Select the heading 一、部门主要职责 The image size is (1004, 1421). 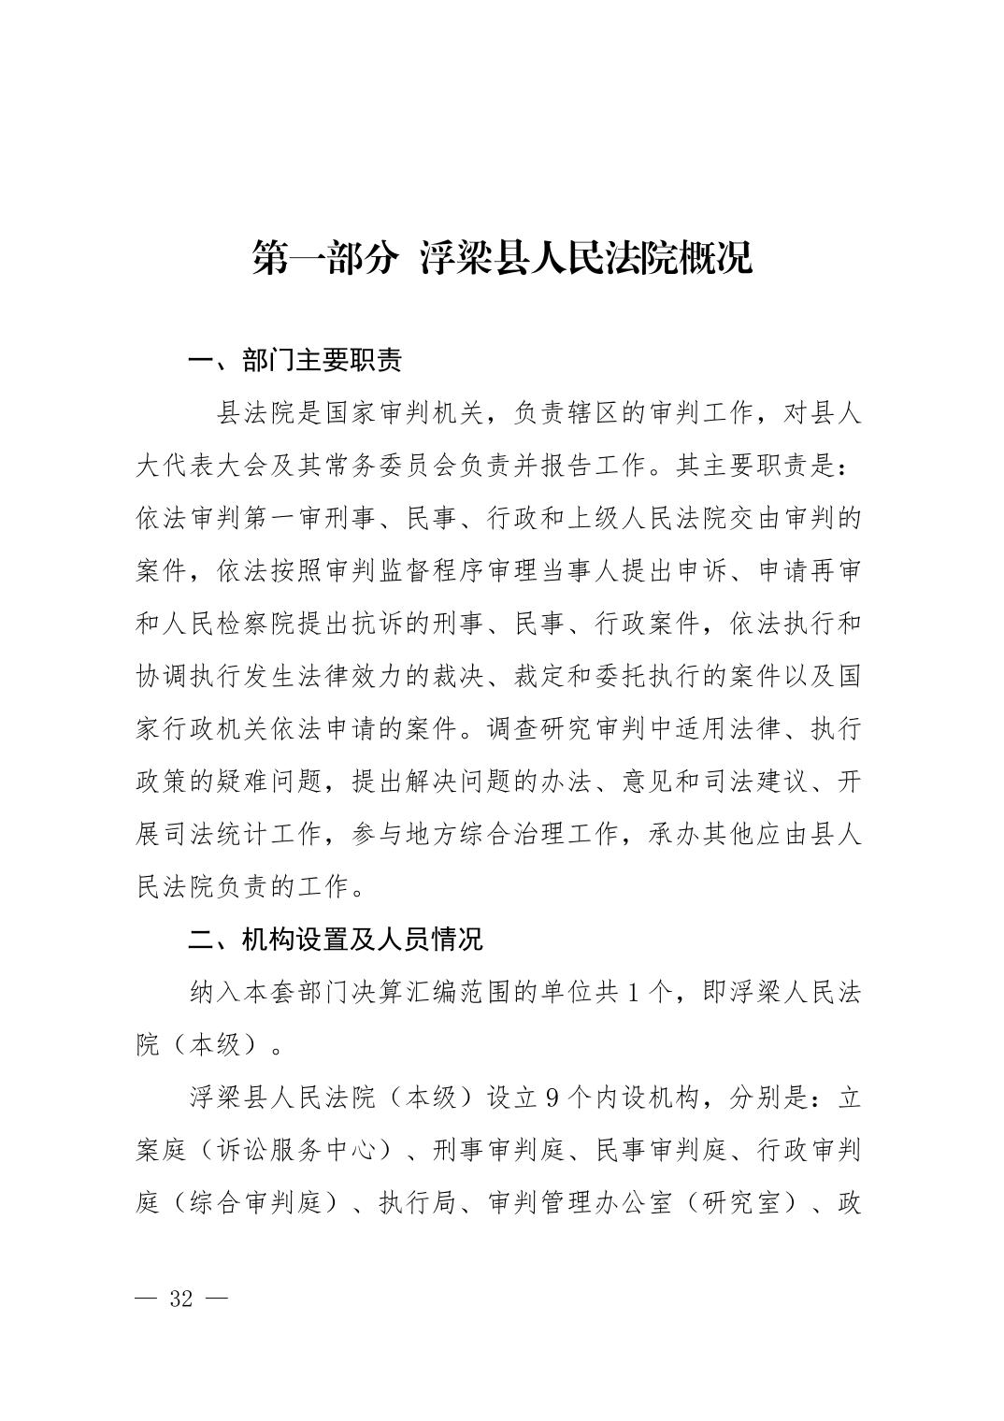[x=295, y=360]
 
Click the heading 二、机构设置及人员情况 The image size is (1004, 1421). [x=336, y=939]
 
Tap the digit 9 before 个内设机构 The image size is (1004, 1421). [x=552, y=1098]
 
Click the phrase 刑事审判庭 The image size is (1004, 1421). [x=499, y=1150]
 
